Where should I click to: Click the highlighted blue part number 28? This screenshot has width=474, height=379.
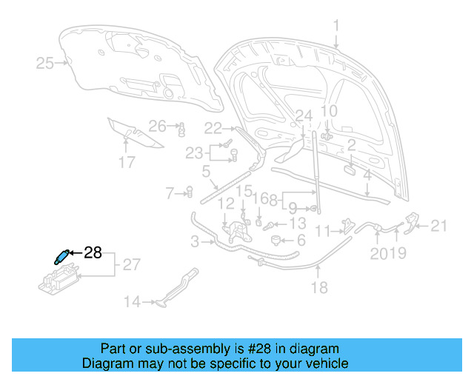[x=60, y=256]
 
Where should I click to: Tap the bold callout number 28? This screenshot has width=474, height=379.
[x=93, y=253]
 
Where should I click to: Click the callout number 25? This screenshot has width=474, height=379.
[x=45, y=64]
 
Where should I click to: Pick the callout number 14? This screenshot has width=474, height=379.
[x=132, y=301]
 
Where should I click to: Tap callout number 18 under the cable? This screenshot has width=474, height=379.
[x=319, y=288]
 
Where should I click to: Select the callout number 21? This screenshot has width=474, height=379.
[x=440, y=226]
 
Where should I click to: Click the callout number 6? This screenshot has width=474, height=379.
[x=301, y=241]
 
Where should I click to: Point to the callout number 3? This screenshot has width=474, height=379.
[x=195, y=241]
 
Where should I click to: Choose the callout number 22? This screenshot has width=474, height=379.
[x=213, y=127]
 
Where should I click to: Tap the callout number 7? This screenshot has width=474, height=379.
[x=170, y=193]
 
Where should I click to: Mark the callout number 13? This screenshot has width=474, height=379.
[x=297, y=224]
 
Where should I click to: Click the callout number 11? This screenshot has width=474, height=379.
[x=322, y=232]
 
